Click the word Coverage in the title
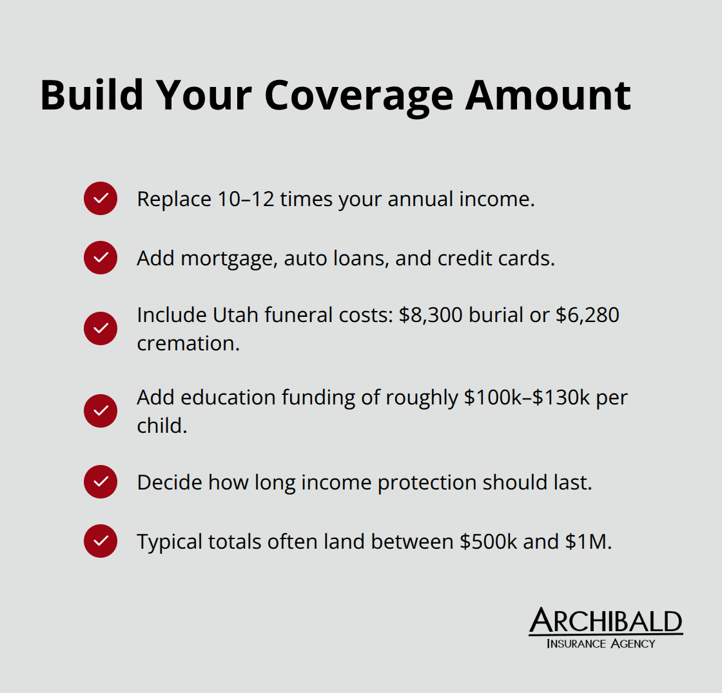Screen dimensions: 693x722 (x=358, y=95)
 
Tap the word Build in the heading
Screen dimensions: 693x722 (x=91, y=95)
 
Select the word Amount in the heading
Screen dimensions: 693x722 (x=548, y=95)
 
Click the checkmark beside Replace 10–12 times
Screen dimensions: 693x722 (x=101, y=198)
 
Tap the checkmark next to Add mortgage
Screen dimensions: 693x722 (x=101, y=258)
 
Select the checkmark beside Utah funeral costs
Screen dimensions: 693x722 (x=101, y=328)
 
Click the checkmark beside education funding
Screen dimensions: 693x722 (x=101, y=411)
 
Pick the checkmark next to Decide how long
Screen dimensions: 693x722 (x=101, y=482)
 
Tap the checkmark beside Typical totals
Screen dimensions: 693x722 (x=101, y=541)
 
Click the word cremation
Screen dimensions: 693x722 (x=187, y=343)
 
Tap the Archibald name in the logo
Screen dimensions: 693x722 (x=605, y=621)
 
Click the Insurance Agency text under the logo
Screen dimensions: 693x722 (x=600, y=643)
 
